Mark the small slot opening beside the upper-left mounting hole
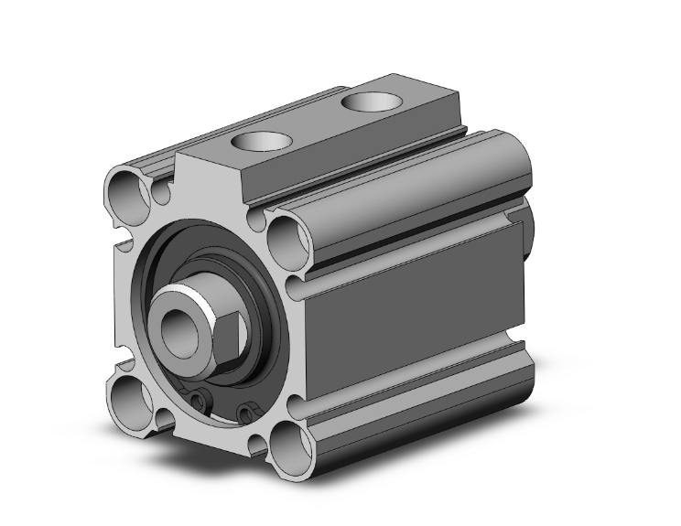[162, 191]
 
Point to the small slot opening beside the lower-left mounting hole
[165, 419]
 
